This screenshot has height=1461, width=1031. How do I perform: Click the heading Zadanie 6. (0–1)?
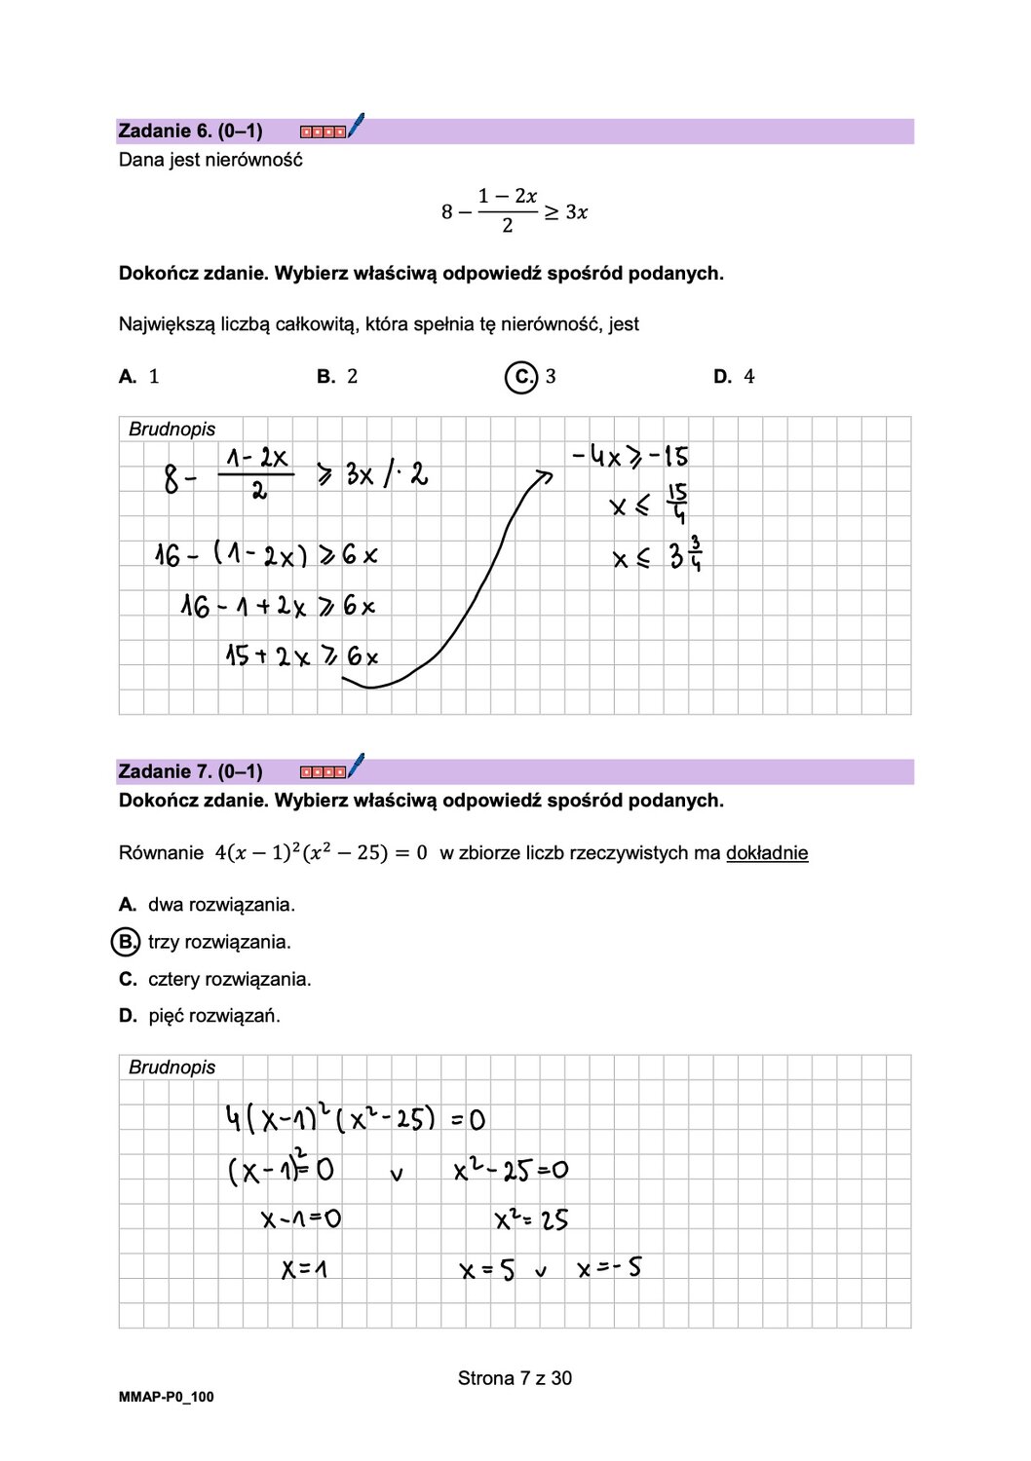coord(190,131)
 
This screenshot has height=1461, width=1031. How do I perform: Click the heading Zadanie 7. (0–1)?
coord(190,771)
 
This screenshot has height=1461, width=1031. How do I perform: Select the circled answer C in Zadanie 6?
coord(521,377)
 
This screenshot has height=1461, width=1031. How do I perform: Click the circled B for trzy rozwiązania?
coord(126,942)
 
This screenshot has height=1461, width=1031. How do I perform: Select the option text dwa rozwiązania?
coord(221,905)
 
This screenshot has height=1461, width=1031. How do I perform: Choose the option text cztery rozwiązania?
coord(229,979)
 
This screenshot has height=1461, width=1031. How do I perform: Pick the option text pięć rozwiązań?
coord(213,1016)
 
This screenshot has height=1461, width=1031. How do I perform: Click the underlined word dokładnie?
coord(767,853)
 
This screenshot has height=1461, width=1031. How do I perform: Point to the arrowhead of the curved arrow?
coord(545,475)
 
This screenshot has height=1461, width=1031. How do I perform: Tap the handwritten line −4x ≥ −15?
coord(630,456)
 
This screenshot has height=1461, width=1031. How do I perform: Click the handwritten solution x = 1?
coord(304,1269)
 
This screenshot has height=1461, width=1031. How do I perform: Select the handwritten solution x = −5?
coord(609,1268)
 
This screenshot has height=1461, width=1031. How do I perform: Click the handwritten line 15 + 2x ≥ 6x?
coord(301,656)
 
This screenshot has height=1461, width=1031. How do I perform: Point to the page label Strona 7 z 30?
coord(515,1378)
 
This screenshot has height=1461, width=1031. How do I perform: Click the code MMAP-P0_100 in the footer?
coord(166,1397)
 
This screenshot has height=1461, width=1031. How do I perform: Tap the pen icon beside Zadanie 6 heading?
coord(356,125)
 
